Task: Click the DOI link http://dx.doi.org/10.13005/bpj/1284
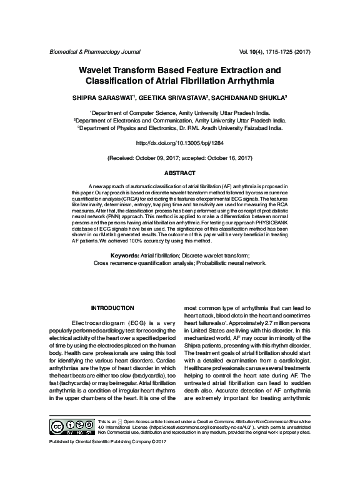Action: coord(180,143)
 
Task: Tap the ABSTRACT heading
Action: coord(180,172)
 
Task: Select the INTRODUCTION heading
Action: coord(112,308)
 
